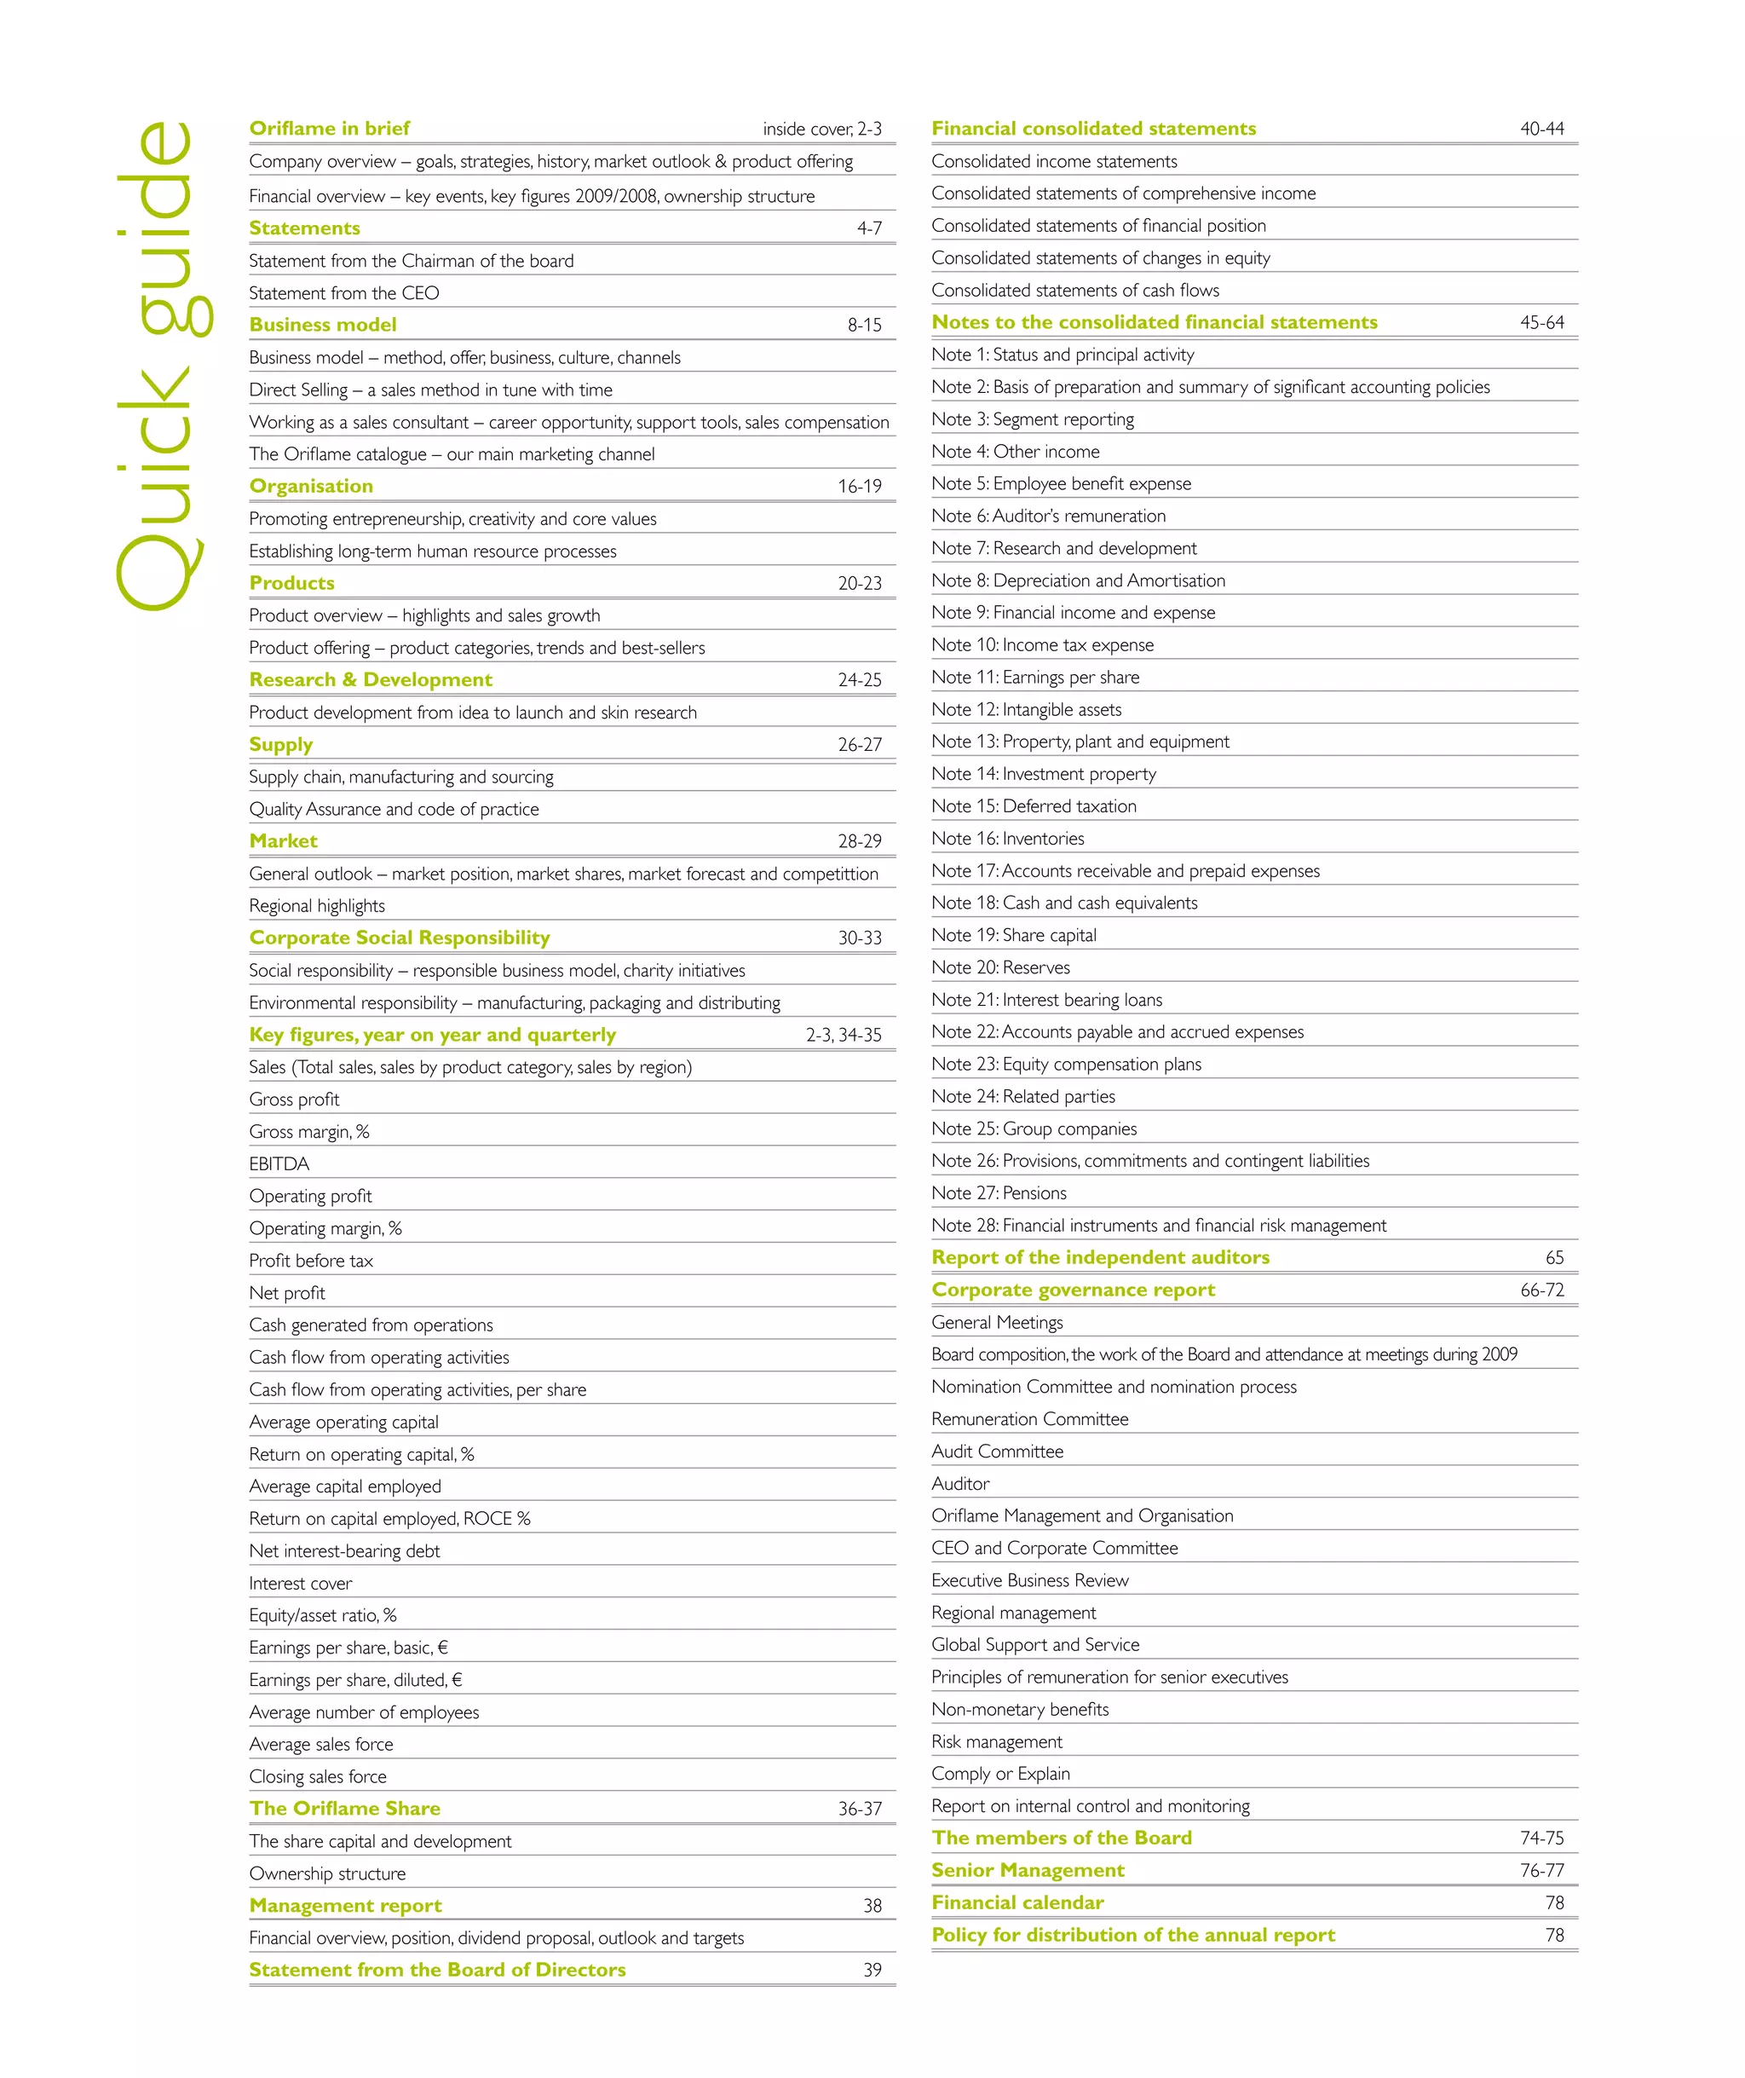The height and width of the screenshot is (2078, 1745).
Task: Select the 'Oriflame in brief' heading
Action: [x=330, y=129]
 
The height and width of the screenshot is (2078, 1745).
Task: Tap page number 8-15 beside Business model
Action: [x=864, y=326]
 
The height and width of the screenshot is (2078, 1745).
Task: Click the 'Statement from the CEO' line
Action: [x=343, y=293]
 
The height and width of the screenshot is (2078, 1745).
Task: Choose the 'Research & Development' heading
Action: [x=370, y=680]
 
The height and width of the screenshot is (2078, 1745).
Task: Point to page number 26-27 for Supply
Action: [x=859, y=745]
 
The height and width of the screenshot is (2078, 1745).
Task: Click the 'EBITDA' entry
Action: [x=279, y=1163]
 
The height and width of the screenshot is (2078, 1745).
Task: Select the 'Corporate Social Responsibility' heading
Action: [x=399, y=938]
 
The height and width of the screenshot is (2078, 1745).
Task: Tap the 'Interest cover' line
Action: [x=300, y=1584]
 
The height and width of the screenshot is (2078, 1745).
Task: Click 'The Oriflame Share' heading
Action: [x=344, y=1809]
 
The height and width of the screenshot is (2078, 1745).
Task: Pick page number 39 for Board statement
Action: [x=872, y=1970]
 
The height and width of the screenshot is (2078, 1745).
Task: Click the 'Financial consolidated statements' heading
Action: [x=1093, y=129]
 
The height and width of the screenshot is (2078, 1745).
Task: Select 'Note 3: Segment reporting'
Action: [x=1032, y=419]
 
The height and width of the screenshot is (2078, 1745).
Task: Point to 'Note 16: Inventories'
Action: [x=1007, y=839]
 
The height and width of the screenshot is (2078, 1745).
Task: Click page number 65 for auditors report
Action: [x=1554, y=1258]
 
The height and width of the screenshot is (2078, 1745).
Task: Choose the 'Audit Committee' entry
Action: [x=996, y=1452]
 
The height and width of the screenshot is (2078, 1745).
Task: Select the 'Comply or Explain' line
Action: [x=1000, y=1775]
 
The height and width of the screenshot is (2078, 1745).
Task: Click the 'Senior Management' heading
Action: [x=1027, y=1870]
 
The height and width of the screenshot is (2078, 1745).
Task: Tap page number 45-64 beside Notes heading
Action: [x=1541, y=322]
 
